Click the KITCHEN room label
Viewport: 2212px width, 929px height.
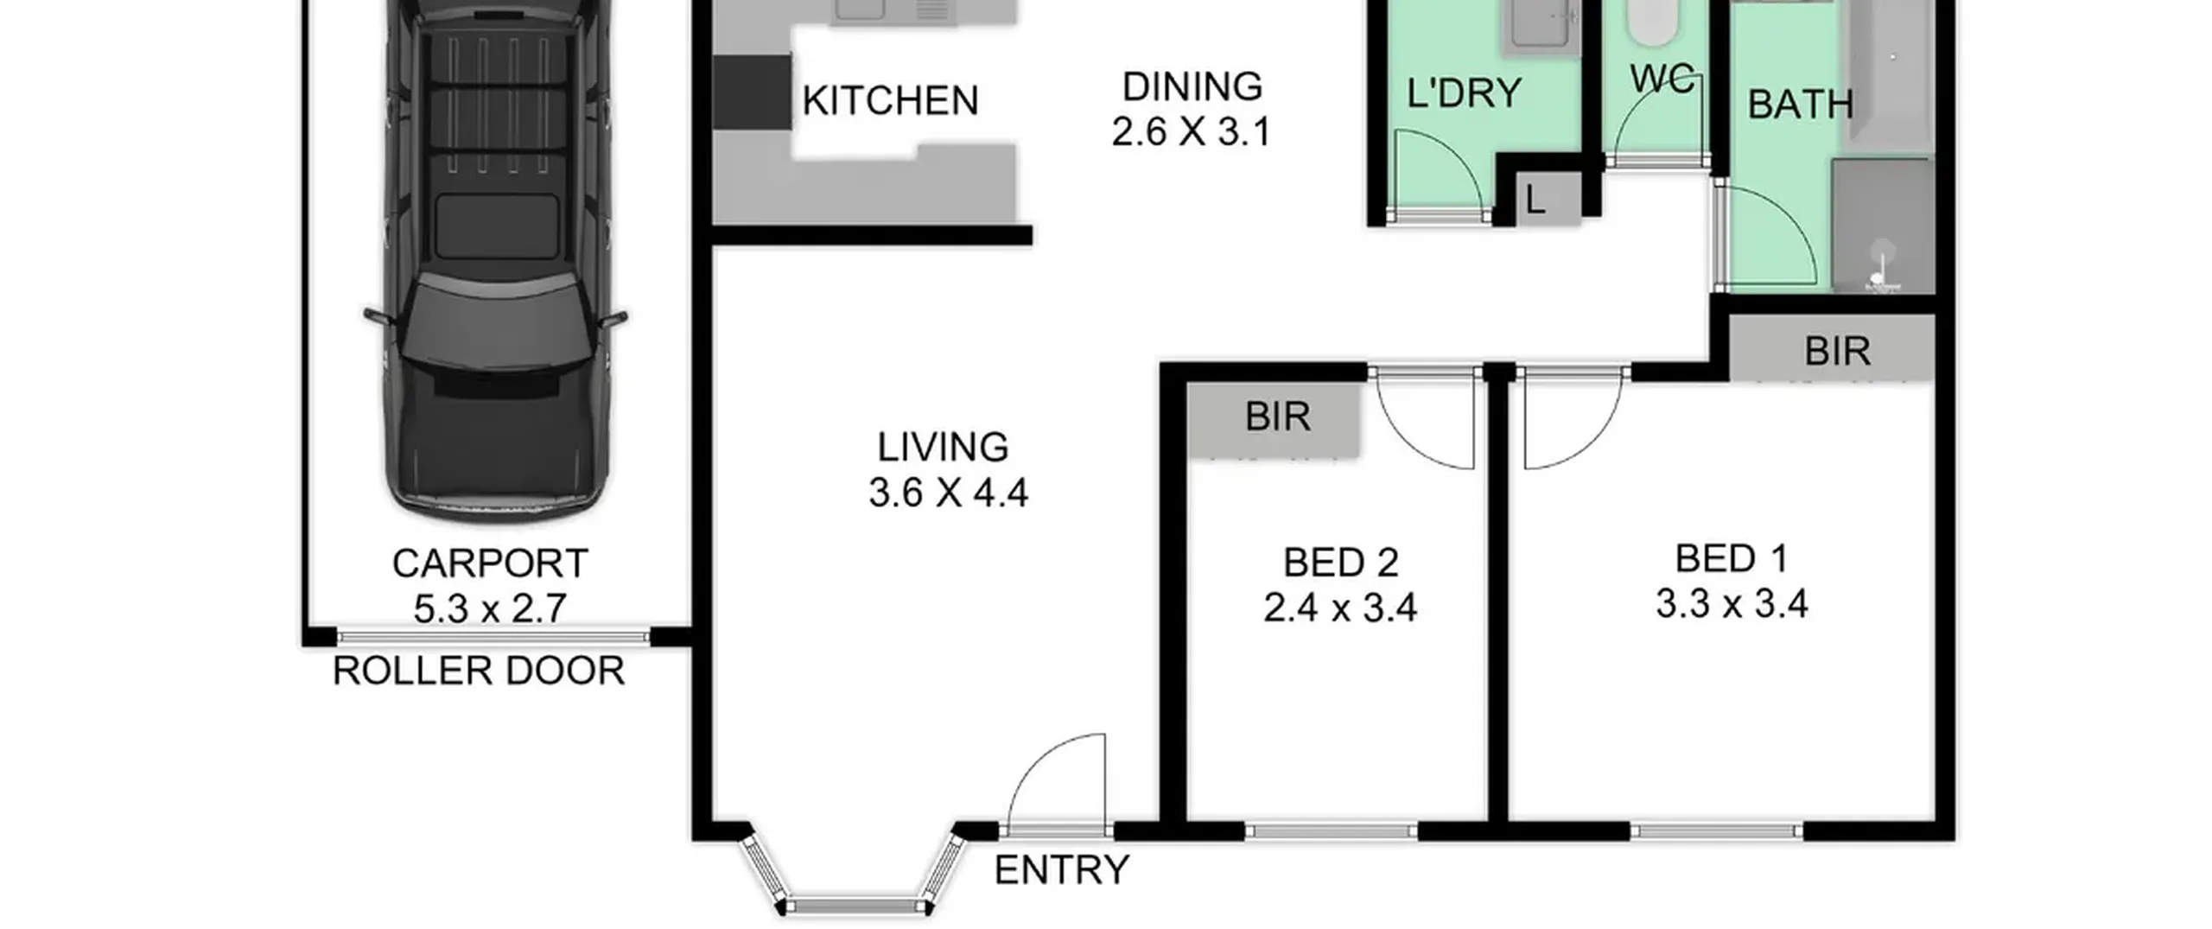coord(890,100)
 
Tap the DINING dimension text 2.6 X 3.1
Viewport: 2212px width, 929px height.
coord(1191,132)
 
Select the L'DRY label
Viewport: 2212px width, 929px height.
coord(1464,93)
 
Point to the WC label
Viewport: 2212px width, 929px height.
coord(1662,80)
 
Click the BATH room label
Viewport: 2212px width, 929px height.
coord(1801,105)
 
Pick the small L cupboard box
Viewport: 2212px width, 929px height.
coord(1549,199)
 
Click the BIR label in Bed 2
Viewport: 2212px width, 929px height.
coord(1278,417)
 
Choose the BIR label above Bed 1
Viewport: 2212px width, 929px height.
coord(1838,351)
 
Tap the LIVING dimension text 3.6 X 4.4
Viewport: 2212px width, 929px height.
coord(948,493)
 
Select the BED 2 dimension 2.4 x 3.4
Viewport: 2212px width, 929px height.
coord(1340,608)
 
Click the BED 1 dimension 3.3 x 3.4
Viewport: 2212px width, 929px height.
coord(1732,603)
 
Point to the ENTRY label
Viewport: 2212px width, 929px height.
coord(1062,869)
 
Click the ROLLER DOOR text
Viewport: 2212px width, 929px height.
coord(479,671)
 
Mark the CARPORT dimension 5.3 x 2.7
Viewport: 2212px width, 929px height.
coord(490,608)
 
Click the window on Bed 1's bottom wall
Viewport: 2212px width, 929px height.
coord(1717,831)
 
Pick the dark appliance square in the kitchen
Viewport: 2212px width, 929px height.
coord(753,92)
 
